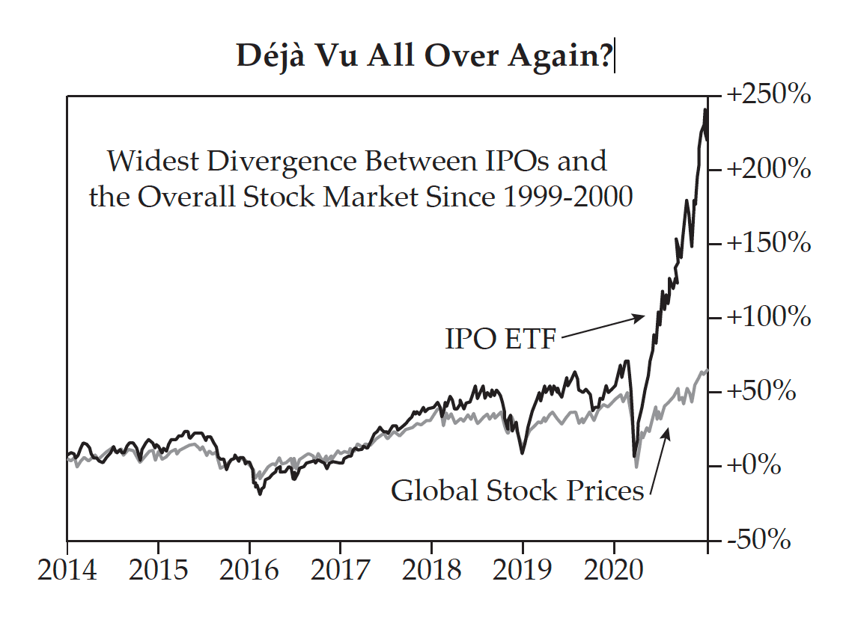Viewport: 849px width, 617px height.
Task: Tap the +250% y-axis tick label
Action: pyautogui.click(x=767, y=96)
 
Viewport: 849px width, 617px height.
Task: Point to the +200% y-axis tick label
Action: pyautogui.click(x=767, y=170)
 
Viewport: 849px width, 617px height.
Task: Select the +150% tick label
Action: pyautogui.click(x=767, y=244)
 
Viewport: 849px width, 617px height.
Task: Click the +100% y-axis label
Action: pyautogui.click(x=767, y=318)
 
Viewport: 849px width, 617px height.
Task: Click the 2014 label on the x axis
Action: pyautogui.click(x=67, y=571)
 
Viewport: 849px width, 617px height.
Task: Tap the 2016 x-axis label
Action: pyautogui.click(x=249, y=571)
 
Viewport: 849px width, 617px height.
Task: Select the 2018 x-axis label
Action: pyautogui.click(x=431, y=571)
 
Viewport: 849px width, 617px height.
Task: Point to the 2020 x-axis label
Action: pyautogui.click(x=613, y=571)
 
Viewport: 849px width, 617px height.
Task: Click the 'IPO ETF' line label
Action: pyautogui.click(x=501, y=339)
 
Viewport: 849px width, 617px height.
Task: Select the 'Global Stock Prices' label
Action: pyautogui.click(x=517, y=491)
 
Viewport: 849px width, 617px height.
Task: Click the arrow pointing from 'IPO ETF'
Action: pyautogui.click(x=603, y=327)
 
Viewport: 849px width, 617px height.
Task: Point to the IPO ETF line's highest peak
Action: pyautogui.click(x=705, y=110)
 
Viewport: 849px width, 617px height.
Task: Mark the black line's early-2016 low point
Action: pyautogui.click(x=260, y=494)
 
